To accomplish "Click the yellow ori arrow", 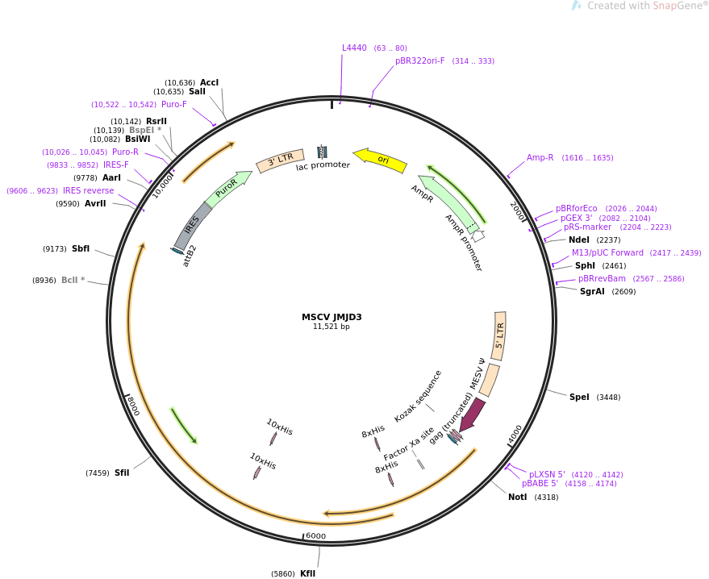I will tap(381, 159).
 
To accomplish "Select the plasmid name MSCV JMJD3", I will tap(332, 317).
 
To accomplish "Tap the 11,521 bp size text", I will tap(332, 327).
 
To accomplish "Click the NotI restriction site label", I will tap(517, 497).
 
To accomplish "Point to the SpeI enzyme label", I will tap(579, 397).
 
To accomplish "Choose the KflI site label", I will tap(307, 573).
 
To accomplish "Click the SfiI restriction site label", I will tap(122, 473).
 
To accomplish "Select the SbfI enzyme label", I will tap(81, 248).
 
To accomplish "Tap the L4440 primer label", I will tap(354, 48).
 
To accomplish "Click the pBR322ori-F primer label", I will tap(419, 60).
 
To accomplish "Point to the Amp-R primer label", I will tap(540, 157).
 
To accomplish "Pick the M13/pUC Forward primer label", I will tap(607, 252).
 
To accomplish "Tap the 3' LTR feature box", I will tap(280, 159).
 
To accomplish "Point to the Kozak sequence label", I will tap(418, 395).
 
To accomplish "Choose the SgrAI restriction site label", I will tap(592, 291).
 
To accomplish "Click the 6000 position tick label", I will tap(315, 535).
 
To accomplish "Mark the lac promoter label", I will tap(323, 165).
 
